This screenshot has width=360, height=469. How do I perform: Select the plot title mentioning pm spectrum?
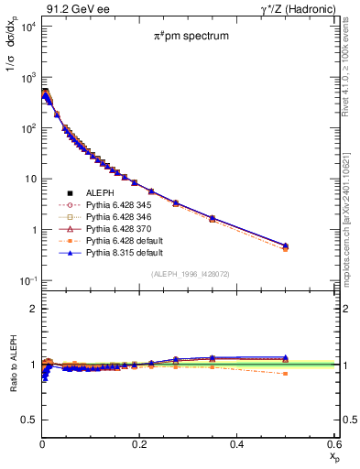(191, 36)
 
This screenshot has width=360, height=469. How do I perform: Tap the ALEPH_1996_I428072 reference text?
(191, 274)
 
